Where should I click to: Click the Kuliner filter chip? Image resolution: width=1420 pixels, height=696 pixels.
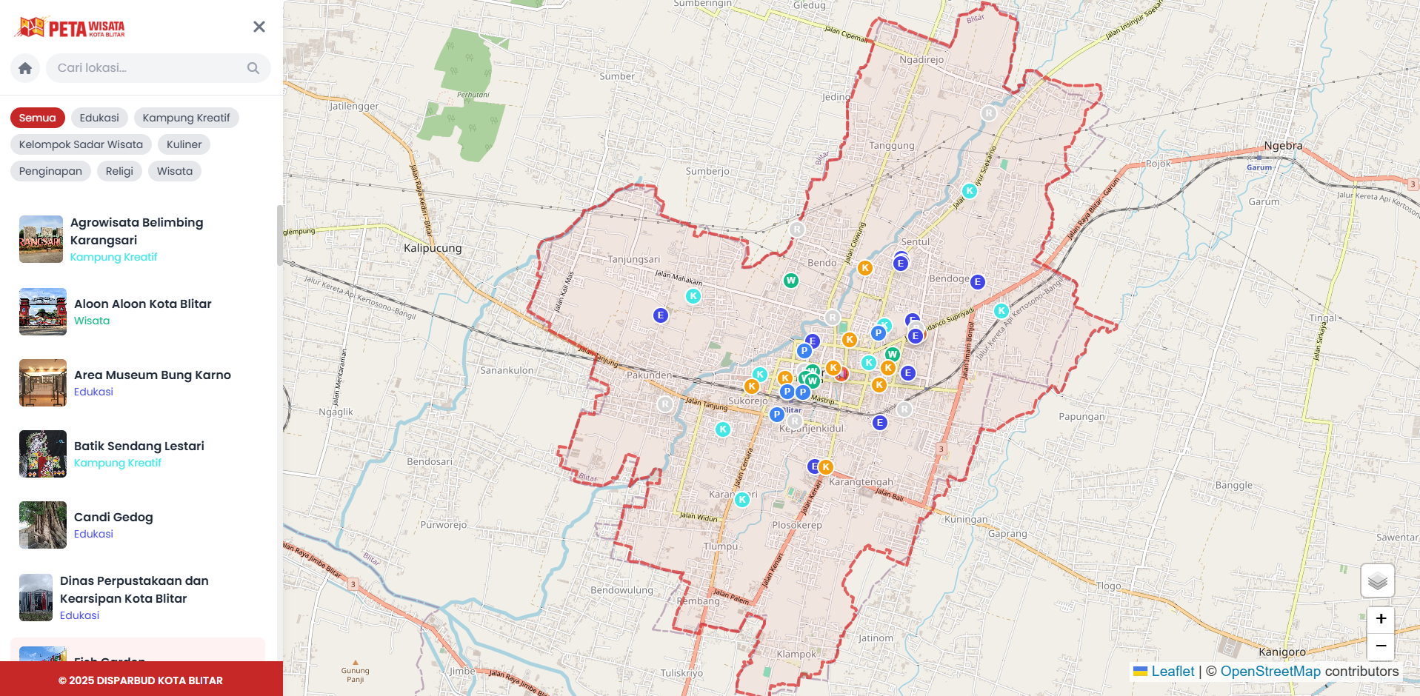[x=184, y=144]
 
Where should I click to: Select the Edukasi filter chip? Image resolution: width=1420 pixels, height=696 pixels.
[x=99, y=118]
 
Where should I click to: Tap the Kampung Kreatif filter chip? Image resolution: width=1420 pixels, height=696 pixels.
[x=186, y=118]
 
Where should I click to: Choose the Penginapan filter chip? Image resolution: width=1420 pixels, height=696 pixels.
[x=50, y=171]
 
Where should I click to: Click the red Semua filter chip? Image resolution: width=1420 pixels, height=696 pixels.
[x=38, y=118]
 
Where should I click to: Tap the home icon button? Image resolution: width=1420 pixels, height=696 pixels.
[x=25, y=68]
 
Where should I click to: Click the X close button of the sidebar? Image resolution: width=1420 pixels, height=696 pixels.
[x=259, y=27]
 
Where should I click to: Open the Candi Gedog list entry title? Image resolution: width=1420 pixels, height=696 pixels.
[x=113, y=517]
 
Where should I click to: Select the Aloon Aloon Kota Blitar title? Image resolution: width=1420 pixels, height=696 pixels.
[x=142, y=304]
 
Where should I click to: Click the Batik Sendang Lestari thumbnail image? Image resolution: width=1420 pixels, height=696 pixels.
[x=43, y=454]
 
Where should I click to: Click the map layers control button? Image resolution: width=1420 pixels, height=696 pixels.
[x=1377, y=580]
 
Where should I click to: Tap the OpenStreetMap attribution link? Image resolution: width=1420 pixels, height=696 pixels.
[x=1270, y=672]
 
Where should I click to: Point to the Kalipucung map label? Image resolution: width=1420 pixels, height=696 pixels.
[x=433, y=248]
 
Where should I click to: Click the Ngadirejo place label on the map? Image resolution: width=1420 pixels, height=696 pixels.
[x=921, y=59]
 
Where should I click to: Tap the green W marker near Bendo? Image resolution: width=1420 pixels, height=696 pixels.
[x=791, y=281]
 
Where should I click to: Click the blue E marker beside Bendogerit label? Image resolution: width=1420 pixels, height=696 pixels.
[x=978, y=282]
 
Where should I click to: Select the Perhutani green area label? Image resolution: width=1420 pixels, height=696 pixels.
[x=473, y=95]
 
